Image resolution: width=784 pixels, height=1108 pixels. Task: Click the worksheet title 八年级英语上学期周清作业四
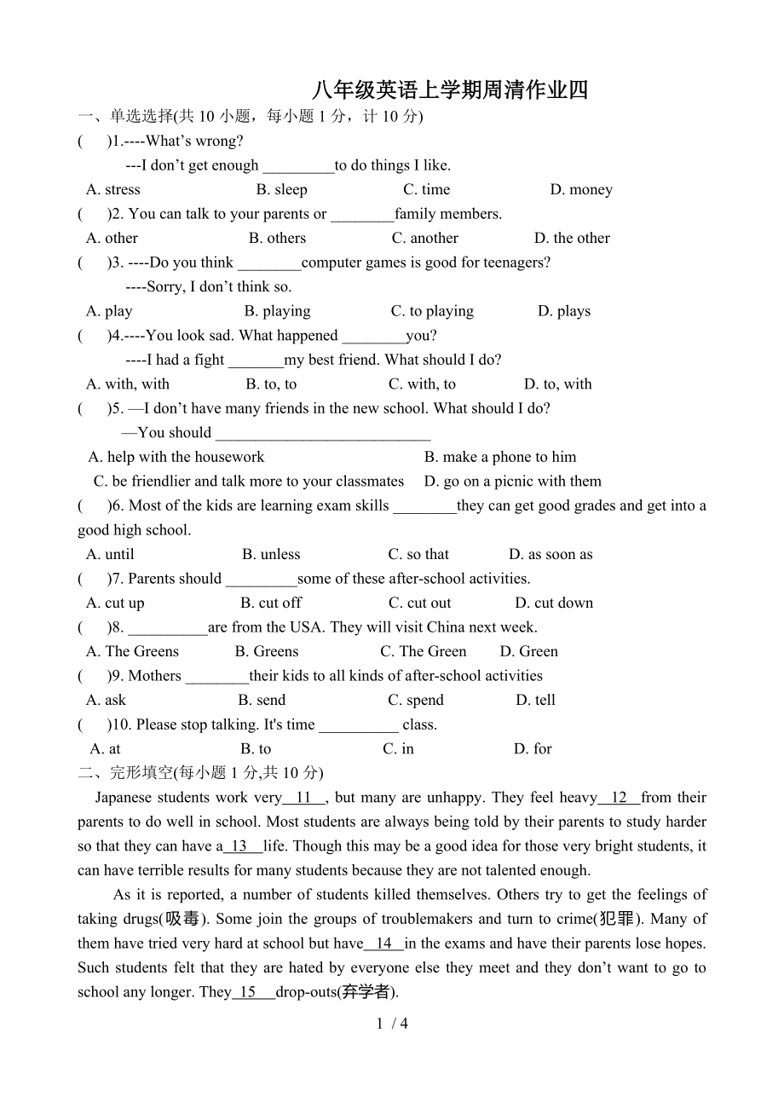[449, 90]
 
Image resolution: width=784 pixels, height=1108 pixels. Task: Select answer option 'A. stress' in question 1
[113, 189]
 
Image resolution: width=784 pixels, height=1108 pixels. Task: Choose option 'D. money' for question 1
[581, 189]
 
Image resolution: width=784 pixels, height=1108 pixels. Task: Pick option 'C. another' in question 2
[424, 238]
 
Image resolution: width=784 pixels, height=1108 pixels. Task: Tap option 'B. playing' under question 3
[277, 311]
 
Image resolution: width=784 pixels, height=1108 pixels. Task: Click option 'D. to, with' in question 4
[557, 384]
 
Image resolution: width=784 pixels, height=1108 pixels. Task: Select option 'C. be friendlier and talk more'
[248, 481]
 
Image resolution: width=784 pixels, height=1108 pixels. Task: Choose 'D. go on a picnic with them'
[512, 481]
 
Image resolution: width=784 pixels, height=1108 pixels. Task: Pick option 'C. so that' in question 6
[418, 554]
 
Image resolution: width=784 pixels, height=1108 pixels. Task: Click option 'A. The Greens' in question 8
[132, 651]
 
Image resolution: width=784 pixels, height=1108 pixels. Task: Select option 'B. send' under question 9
[262, 700]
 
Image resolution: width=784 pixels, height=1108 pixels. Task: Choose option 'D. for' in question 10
[533, 748]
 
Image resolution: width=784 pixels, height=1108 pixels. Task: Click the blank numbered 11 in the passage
[304, 798]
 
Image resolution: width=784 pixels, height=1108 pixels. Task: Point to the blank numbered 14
[384, 944]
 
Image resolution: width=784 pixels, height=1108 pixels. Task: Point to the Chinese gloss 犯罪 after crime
[616, 919]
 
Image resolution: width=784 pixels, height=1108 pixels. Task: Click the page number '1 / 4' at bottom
[392, 1024]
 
